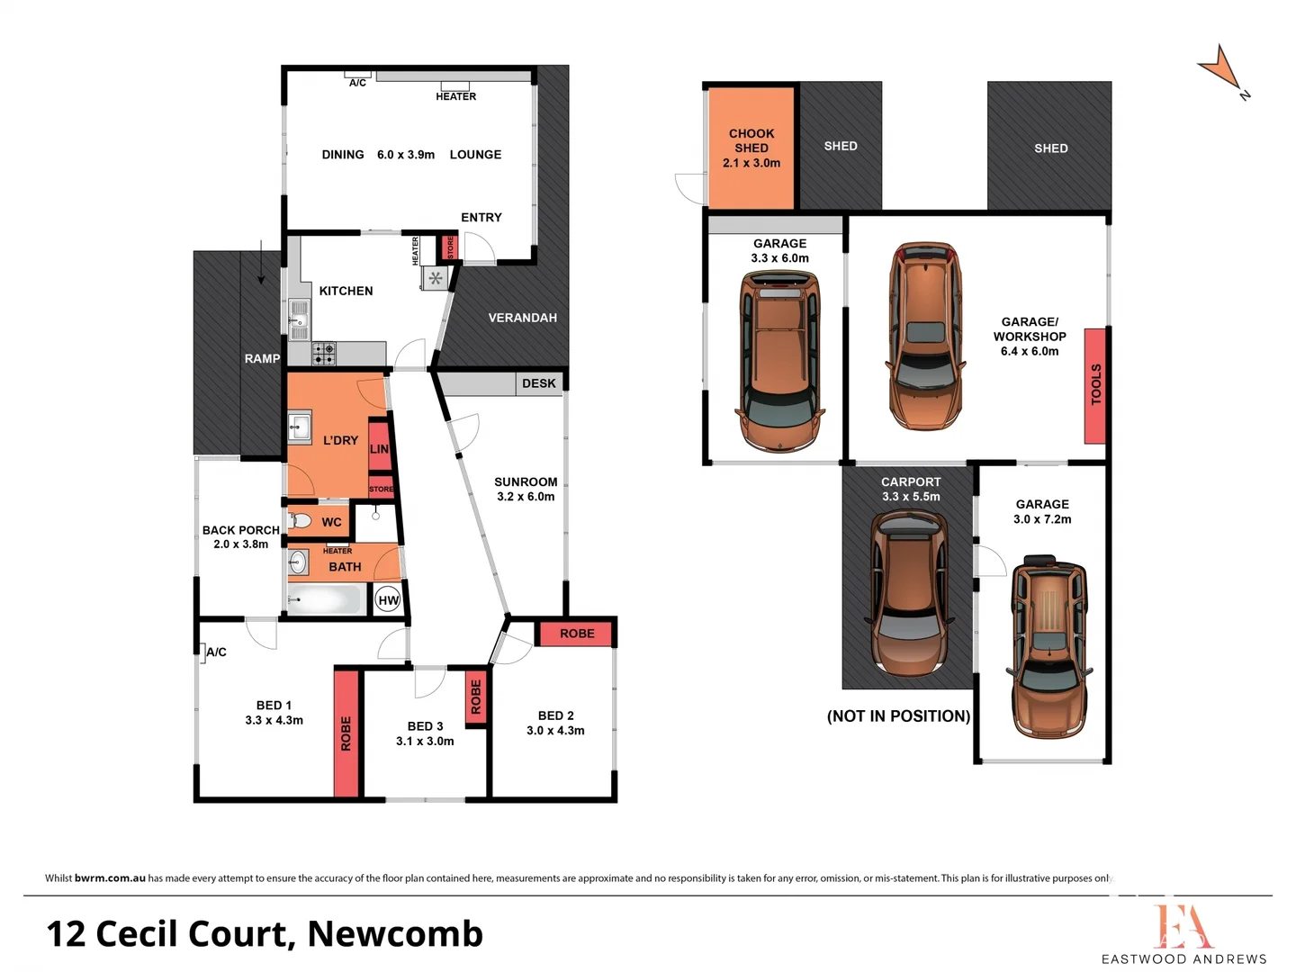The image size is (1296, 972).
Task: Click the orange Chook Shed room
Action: pyautogui.click(x=751, y=148)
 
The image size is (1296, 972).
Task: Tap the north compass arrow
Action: pyautogui.click(x=1221, y=70)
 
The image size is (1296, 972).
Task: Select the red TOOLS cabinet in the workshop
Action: pyautogui.click(x=1094, y=385)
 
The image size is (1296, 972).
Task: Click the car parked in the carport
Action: pyautogui.click(x=909, y=595)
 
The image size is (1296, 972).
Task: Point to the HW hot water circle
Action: pyautogui.click(x=388, y=600)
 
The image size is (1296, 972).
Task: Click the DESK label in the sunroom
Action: pyautogui.click(x=538, y=383)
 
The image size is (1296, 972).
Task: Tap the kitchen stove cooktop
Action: pyautogui.click(x=324, y=354)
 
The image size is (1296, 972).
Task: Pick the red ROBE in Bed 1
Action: pyautogui.click(x=346, y=733)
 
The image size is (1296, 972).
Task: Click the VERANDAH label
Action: pyautogui.click(x=522, y=318)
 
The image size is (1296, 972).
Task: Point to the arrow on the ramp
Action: pyautogui.click(x=261, y=263)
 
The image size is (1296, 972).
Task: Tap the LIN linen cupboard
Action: pyautogui.click(x=380, y=447)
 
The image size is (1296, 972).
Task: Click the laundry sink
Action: pyautogui.click(x=300, y=427)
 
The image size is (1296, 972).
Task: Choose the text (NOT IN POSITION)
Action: pyautogui.click(x=898, y=716)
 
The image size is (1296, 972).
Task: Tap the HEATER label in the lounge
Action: pyautogui.click(x=455, y=96)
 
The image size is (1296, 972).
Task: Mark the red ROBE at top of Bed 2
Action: pyautogui.click(x=576, y=634)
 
